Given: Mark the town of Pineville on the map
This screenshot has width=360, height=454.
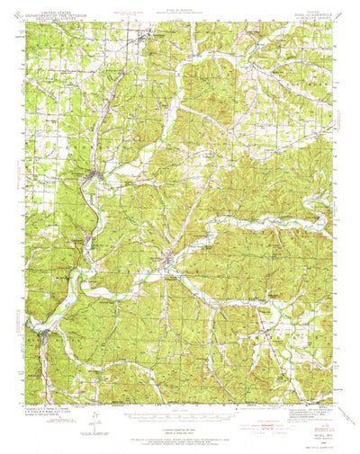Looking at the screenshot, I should [171, 263].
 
